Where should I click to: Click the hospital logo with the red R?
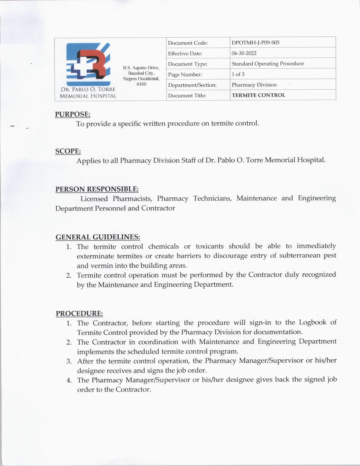point(88,64)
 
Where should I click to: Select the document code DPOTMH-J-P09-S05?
point(255,43)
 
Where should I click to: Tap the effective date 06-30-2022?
point(244,53)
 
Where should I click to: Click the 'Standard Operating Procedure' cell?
point(268,64)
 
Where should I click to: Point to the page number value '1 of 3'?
point(238,74)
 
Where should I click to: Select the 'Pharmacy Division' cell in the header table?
point(254,85)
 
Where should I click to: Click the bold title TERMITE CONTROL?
point(258,95)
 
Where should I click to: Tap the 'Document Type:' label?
point(187,64)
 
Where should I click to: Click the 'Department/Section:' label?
point(192,85)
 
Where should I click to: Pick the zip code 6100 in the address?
point(141,84)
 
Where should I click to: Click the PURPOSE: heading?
point(73,114)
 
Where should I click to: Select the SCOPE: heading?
point(68,151)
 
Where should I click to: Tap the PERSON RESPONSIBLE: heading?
point(97,189)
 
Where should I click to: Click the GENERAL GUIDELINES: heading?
point(98,237)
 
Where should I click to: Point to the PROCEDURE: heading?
point(79,313)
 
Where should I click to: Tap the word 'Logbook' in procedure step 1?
point(313,322)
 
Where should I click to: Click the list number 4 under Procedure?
point(69,380)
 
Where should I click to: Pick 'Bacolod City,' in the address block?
point(141,73)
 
